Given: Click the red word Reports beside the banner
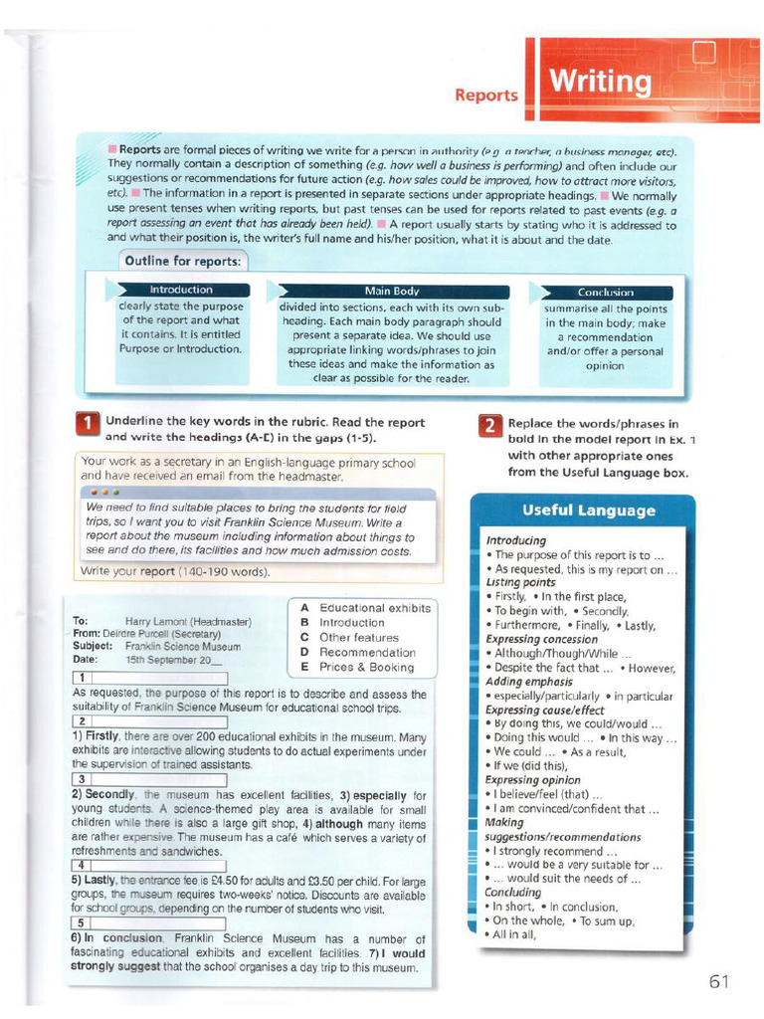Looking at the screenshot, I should click(486, 96).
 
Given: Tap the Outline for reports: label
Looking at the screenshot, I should click(182, 261).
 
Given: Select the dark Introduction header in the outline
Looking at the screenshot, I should click(180, 290).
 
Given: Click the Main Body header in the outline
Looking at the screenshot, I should click(392, 291).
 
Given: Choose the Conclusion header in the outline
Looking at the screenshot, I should click(606, 293).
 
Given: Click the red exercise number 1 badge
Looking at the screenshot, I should click(88, 425).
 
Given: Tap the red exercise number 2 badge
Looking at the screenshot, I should click(489, 426).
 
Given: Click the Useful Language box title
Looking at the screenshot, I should click(589, 510).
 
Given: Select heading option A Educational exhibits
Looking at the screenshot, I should click(365, 608).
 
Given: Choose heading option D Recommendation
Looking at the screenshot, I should click(357, 652).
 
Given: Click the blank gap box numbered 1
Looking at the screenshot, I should click(150, 678).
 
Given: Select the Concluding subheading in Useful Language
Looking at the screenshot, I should click(513, 893).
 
